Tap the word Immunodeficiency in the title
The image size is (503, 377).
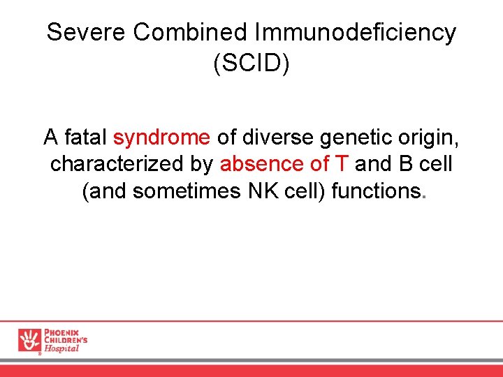coord(356,33)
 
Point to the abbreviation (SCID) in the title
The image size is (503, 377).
coord(251,64)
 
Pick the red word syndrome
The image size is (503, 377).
coord(161,138)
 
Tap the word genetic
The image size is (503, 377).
coord(356,138)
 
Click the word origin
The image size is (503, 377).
coord(429,138)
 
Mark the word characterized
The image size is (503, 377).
coord(105,164)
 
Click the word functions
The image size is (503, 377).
coord(377,191)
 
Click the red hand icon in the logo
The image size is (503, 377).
coord(30,340)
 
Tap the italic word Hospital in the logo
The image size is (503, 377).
coord(61,348)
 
